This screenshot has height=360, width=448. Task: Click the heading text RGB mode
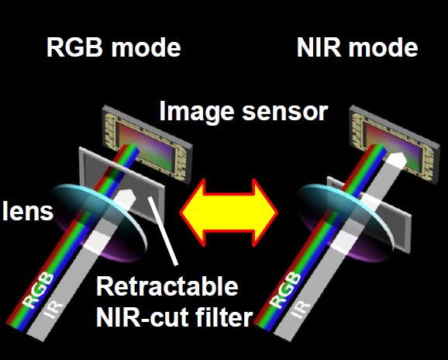(113, 47)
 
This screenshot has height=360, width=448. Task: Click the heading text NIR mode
(357, 47)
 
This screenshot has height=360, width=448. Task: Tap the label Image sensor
(243, 112)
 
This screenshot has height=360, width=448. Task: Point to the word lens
(28, 211)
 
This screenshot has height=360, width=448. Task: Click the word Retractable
(167, 286)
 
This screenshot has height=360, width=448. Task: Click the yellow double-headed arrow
(229, 213)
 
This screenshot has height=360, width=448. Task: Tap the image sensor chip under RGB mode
(147, 144)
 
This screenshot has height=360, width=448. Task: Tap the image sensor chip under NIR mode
(395, 144)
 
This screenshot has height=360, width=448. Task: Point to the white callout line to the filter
(163, 231)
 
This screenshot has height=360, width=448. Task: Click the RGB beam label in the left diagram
(38, 290)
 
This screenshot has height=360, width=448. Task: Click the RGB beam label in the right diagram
(285, 290)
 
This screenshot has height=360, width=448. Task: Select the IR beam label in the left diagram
(53, 310)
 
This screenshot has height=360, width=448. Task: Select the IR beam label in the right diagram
(301, 310)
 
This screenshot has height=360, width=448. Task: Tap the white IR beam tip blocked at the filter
(126, 195)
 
